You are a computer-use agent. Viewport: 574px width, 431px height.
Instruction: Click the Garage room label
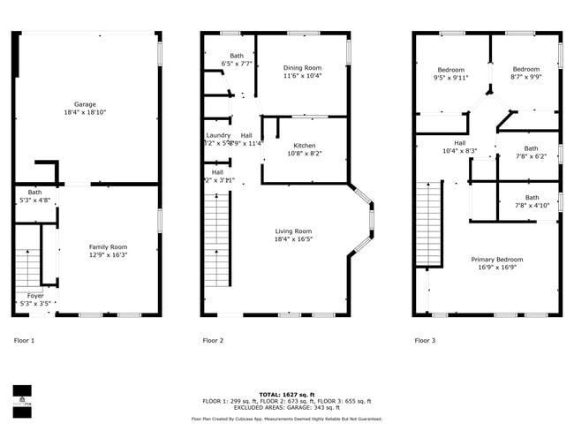click(x=85, y=104)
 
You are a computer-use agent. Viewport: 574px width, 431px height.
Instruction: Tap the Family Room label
click(x=108, y=247)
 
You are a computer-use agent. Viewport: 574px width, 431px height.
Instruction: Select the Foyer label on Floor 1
click(x=35, y=296)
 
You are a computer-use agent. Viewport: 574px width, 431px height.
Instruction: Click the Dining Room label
click(x=302, y=68)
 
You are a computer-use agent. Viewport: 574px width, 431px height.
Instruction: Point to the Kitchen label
click(x=305, y=146)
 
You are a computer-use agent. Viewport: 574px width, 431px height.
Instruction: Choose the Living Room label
click(x=292, y=231)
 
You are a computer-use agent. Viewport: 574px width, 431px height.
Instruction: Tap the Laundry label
click(x=218, y=135)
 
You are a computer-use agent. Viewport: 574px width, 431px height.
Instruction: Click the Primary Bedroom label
click(x=496, y=260)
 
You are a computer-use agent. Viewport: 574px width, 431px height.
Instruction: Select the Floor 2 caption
click(x=213, y=340)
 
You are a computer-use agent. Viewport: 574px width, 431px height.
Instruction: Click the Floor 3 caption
click(x=426, y=340)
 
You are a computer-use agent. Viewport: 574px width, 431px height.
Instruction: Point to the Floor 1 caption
click(x=24, y=340)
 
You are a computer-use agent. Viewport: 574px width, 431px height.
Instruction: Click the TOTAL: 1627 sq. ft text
click(x=287, y=393)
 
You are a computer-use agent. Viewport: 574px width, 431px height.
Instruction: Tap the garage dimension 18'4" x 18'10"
click(x=85, y=113)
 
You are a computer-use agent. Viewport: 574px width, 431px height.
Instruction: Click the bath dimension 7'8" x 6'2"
click(x=531, y=157)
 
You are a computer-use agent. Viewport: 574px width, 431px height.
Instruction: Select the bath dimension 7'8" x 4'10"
click(x=532, y=206)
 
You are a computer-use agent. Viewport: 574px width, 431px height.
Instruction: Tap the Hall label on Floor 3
click(x=460, y=142)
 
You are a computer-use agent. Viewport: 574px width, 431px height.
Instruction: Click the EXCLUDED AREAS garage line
click(x=287, y=407)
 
